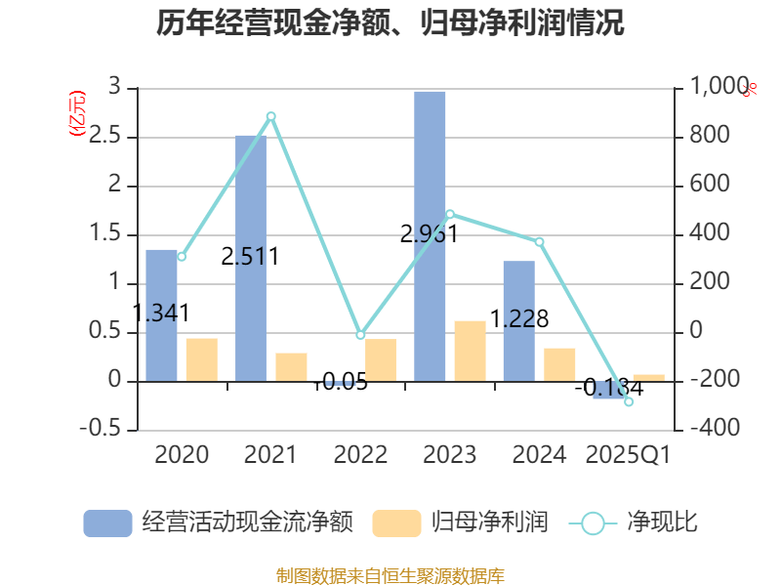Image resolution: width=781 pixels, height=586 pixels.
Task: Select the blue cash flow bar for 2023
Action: (x=430, y=234)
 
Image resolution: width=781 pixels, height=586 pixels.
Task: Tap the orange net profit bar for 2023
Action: (x=470, y=350)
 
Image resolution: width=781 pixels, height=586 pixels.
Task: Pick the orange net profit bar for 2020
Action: (x=201, y=358)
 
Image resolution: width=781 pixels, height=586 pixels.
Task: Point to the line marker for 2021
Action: (x=271, y=116)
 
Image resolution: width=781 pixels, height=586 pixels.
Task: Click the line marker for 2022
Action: (x=360, y=335)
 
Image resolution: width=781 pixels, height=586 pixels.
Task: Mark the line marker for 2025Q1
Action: (x=629, y=401)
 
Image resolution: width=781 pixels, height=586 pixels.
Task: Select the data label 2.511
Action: (x=251, y=257)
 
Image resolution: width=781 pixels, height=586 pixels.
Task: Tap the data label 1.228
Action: (x=519, y=318)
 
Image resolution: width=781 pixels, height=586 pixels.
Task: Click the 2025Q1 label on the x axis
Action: (x=629, y=455)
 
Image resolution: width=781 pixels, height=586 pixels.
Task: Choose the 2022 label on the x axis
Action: (x=360, y=455)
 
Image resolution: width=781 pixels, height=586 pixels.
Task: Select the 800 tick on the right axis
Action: (x=711, y=136)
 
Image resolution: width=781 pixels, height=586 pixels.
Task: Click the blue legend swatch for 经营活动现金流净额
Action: (x=107, y=523)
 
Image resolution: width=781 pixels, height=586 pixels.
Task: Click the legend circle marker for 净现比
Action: (x=593, y=523)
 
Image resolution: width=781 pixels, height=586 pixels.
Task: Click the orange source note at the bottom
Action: (x=390, y=575)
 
